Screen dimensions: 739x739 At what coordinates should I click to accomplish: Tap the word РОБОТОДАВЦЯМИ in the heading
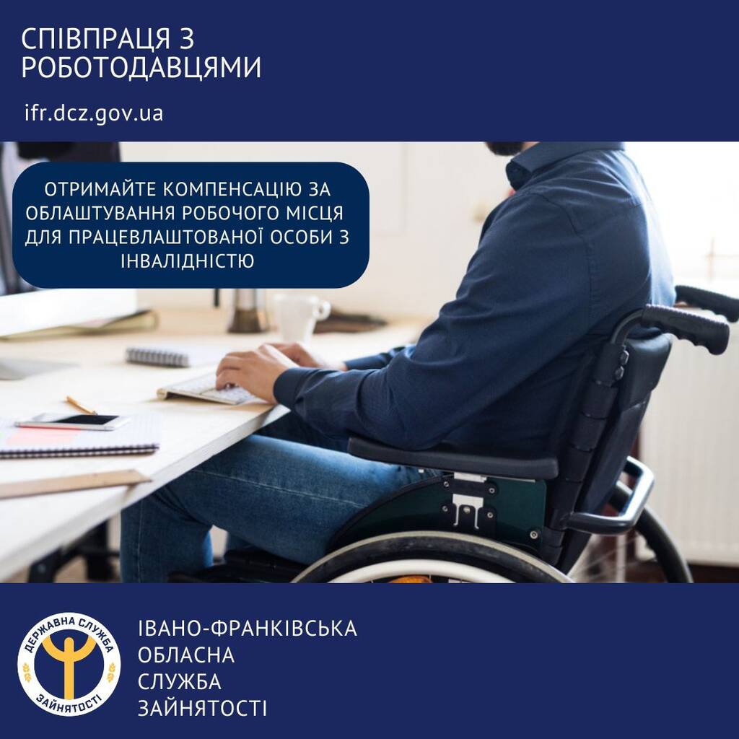tap(141, 69)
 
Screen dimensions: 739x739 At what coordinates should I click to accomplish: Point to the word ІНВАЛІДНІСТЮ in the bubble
tap(189, 261)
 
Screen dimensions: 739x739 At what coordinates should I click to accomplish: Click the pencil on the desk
tap(81, 405)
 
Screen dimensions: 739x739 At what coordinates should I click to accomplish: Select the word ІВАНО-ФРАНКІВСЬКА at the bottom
tap(248, 629)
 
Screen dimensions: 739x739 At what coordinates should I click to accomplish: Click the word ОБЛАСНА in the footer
tap(186, 655)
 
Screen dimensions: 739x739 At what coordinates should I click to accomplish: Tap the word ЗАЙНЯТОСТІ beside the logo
tap(202, 708)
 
